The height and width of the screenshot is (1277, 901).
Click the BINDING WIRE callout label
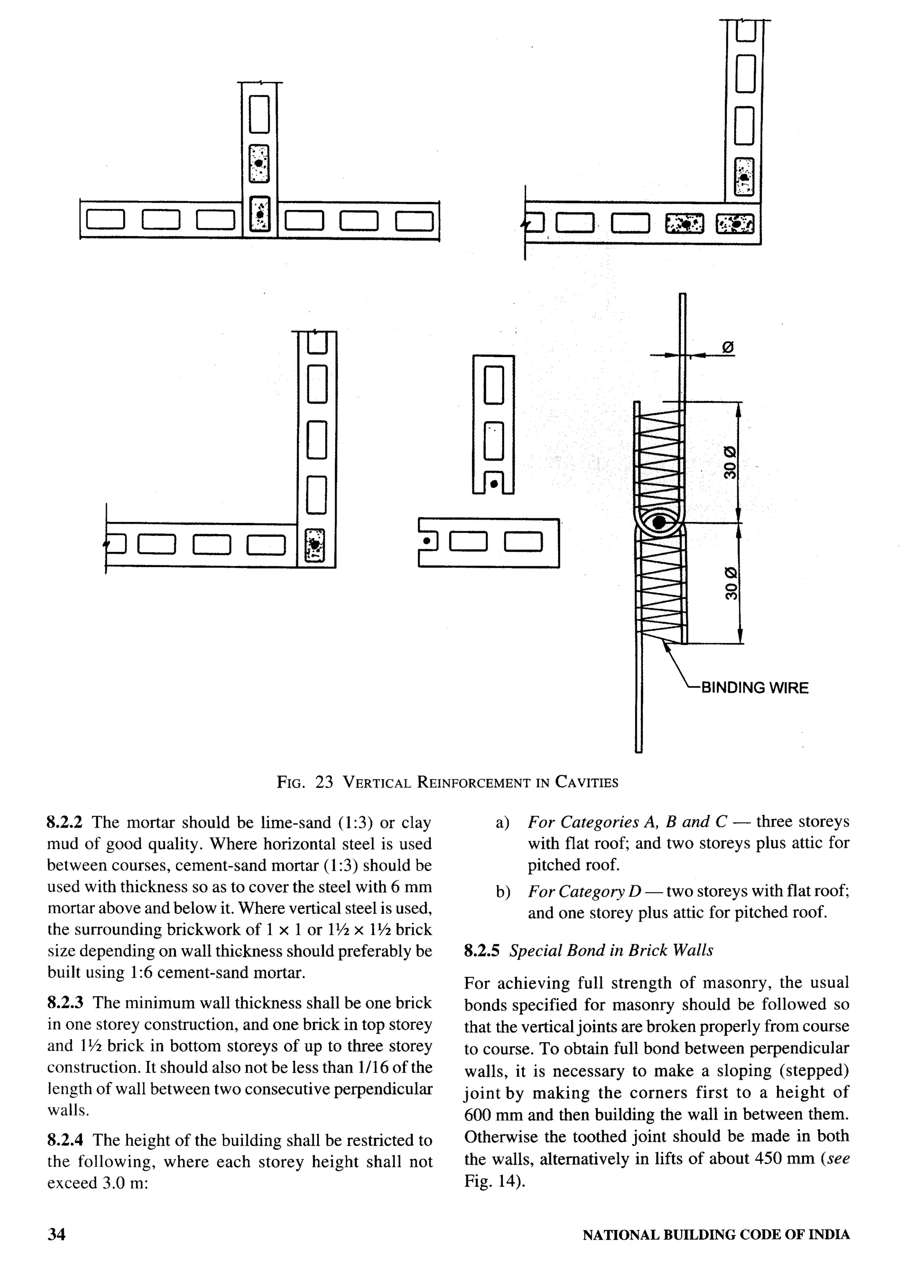tap(754, 688)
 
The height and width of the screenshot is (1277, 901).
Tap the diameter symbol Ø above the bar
tap(728, 348)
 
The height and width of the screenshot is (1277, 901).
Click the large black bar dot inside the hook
tap(659, 522)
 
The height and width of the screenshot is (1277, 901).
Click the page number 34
tap(56, 1234)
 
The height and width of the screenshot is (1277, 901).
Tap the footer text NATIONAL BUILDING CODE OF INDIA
tap(716, 1235)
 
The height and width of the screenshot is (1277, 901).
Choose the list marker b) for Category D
tap(502, 892)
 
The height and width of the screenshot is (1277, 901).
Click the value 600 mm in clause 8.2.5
tap(489, 1115)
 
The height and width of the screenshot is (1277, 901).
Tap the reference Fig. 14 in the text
tap(491, 1181)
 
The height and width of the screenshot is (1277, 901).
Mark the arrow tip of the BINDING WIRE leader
tap(664, 642)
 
